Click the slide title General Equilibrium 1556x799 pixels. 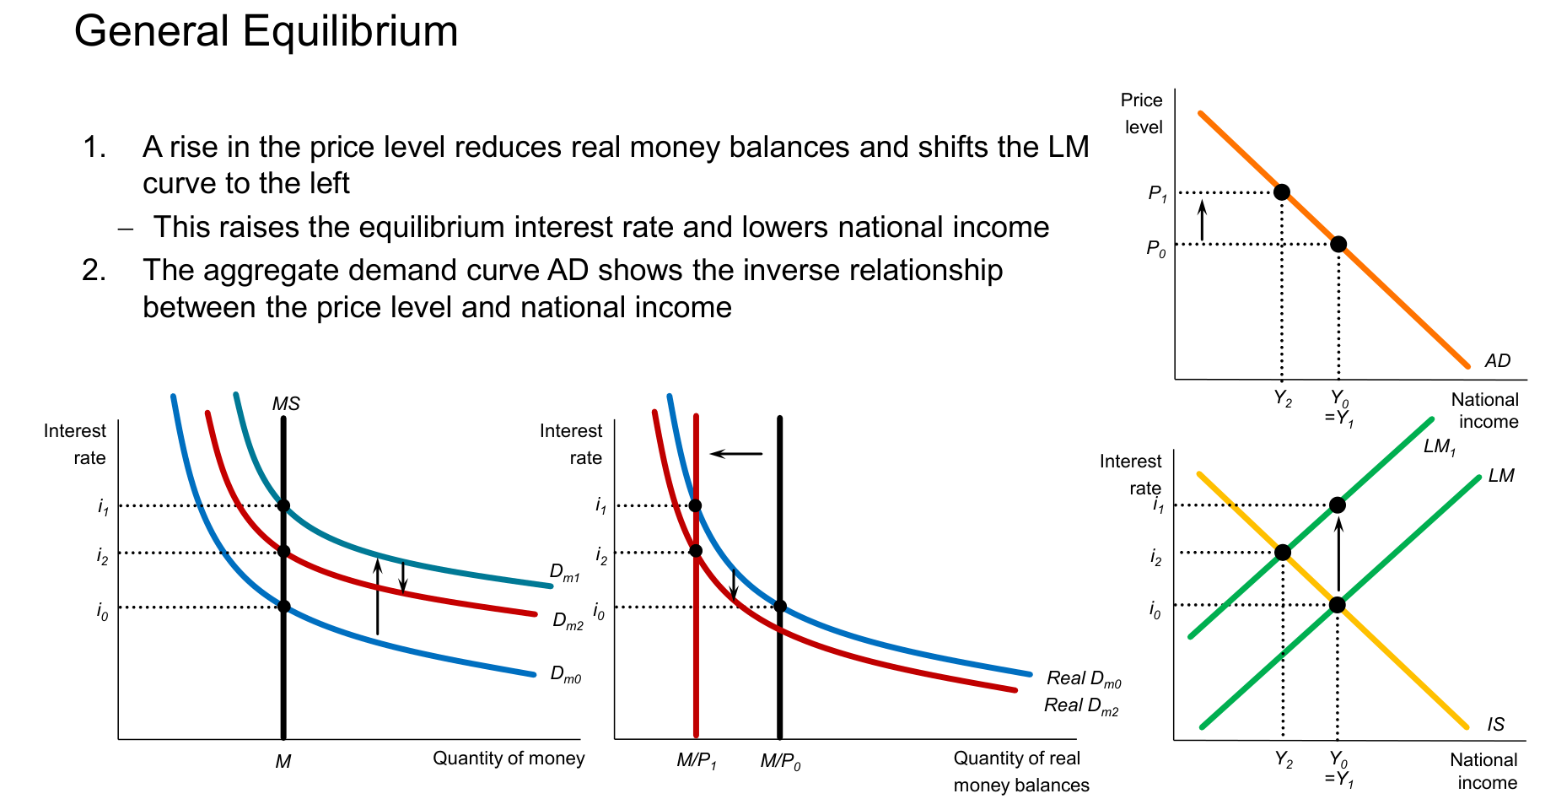pos(266,32)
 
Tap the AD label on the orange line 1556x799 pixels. pos(1497,361)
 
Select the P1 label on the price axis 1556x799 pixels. pos(1158,194)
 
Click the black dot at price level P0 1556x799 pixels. pos(1338,245)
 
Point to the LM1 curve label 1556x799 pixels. pos(1440,447)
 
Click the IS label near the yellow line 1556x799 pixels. pos(1496,724)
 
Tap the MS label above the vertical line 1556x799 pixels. pos(286,404)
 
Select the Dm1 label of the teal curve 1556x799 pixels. pos(565,573)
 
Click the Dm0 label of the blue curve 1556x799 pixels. pos(566,675)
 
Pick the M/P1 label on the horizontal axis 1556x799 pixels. pos(697,761)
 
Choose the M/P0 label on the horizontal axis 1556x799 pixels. pos(781,761)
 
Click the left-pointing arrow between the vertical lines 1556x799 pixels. pos(736,454)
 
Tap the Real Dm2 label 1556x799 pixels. pos(1081,706)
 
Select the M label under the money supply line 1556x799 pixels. pos(283,762)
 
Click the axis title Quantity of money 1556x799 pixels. pos(509,759)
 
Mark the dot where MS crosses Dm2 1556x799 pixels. pos(283,552)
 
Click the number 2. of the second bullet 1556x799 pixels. pos(94,270)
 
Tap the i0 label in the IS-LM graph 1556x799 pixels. pos(1155,610)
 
